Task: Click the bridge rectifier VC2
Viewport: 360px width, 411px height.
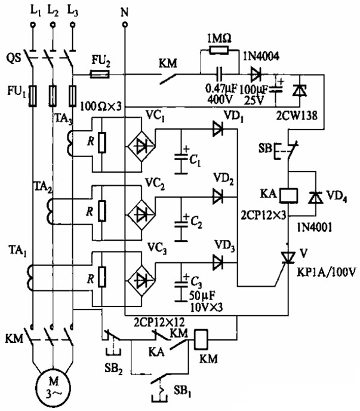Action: pyautogui.click(x=141, y=211)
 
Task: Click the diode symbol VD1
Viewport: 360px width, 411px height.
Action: pyautogui.click(x=218, y=127)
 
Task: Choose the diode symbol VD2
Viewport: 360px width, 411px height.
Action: pyautogui.click(x=218, y=194)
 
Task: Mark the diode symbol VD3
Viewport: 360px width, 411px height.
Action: pyautogui.click(x=218, y=261)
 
